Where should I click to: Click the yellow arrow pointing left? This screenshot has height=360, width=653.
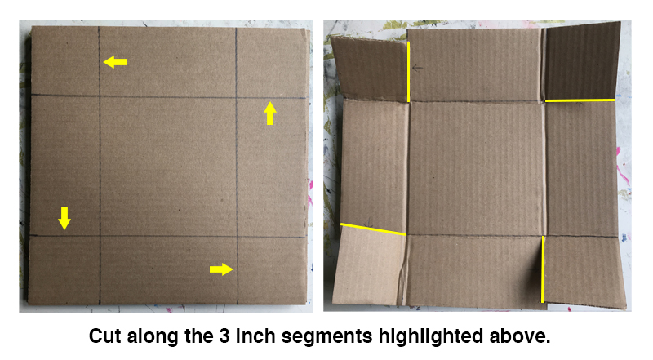pyautogui.click(x=114, y=62)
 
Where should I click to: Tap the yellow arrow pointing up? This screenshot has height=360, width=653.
pyautogui.click(x=270, y=113)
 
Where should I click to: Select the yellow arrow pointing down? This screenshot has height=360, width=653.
pyautogui.click(x=64, y=218)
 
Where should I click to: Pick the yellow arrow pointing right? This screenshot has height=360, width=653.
pyautogui.click(x=221, y=269)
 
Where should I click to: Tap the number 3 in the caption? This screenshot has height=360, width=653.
pyautogui.click(x=224, y=336)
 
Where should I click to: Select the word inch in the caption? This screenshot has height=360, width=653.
pyautogui.click(x=254, y=336)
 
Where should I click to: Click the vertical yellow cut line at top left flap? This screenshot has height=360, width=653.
pyautogui.click(x=409, y=71)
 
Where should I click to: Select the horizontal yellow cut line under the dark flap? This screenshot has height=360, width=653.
pyautogui.click(x=580, y=100)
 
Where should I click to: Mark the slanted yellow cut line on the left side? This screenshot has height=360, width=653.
pyautogui.click(x=373, y=229)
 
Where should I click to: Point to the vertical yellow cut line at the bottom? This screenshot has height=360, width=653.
pyautogui.click(x=543, y=269)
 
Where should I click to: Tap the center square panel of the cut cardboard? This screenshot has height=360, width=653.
pyautogui.click(x=477, y=168)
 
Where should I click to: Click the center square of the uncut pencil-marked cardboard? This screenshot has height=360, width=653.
pyautogui.click(x=168, y=167)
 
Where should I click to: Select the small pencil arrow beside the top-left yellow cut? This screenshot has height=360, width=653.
pyautogui.click(x=417, y=68)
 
